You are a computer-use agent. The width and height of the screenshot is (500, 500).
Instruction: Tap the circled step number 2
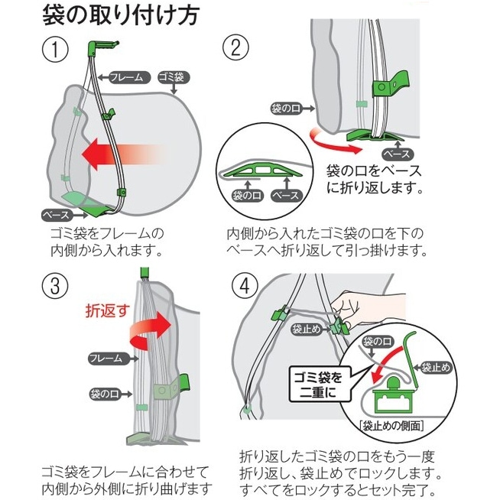pyautogui.click(x=236, y=48)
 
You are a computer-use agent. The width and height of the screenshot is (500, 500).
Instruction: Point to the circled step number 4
pyautogui.click(x=244, y=287)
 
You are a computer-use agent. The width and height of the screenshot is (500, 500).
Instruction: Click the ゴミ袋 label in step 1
pyautogui.click(x=174, y=77)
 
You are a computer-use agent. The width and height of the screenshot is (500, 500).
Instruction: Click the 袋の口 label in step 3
pyautogui.click(x=105, y=394)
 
